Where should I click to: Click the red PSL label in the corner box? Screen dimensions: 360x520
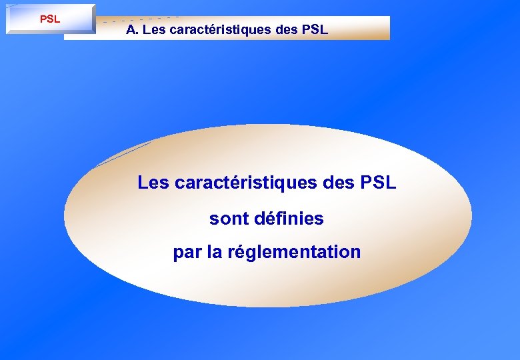click(50, 19)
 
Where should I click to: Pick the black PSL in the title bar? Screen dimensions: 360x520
click(313, 30)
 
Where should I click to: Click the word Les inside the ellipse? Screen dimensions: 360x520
click(153, 182)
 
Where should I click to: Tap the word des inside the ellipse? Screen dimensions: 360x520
click(340, 182)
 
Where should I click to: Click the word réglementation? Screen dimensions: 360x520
click(294, 253)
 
